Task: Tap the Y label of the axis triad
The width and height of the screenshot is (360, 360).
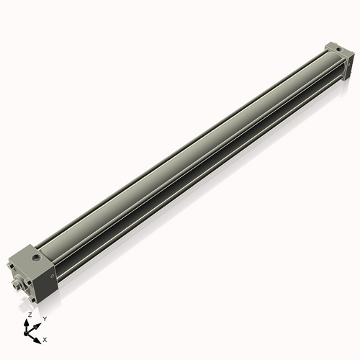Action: pyautogui.click(x=44, y=319)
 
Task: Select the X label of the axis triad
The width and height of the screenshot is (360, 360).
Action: pyautogui.click(x=45, y=338)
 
